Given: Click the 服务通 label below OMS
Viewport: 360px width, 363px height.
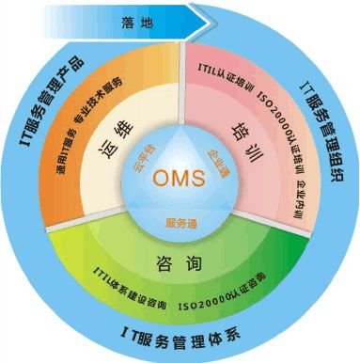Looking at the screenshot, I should click(180, 223).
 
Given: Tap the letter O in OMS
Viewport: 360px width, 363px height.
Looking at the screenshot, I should click(160, 179).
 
